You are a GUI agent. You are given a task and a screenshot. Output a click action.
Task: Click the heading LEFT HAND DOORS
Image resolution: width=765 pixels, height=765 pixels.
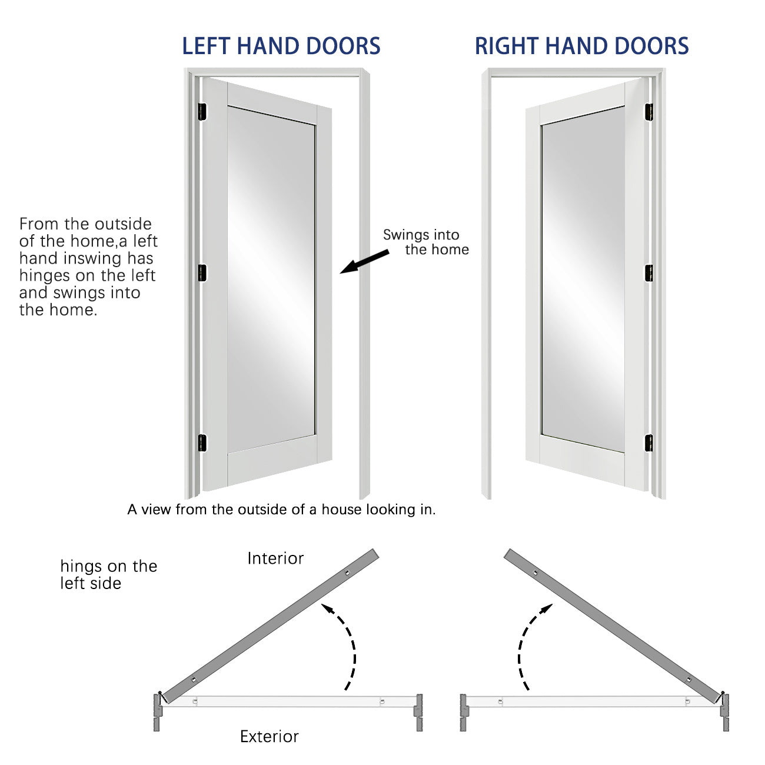tap(281, 46)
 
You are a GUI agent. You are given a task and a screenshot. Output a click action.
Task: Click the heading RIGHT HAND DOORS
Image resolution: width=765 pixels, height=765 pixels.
tap(581, 46)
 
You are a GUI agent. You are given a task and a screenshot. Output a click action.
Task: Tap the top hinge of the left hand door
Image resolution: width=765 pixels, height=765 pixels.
tap(202, 112)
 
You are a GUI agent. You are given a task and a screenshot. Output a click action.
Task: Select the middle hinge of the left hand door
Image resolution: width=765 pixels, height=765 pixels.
tap(202, 273)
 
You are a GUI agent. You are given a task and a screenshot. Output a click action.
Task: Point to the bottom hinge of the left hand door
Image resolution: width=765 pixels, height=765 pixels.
tap(202, 443)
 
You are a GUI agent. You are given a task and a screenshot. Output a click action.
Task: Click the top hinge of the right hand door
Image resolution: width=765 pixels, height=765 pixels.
tap(649, 112)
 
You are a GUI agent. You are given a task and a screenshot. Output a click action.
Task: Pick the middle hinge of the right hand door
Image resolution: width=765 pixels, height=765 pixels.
tap(649, 273)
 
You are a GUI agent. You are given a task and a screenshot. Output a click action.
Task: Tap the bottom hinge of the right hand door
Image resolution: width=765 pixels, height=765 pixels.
tap(649, 443)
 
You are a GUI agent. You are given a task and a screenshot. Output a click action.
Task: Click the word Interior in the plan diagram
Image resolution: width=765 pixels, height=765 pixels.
tap(275, 558)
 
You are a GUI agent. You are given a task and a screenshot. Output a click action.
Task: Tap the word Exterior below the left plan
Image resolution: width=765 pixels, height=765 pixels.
tap(270, 736)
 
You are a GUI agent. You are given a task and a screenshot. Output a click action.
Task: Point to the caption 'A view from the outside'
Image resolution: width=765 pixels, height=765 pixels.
tap(281, 510)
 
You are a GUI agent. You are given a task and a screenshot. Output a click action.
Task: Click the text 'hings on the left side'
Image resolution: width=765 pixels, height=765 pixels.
tap(108, 574)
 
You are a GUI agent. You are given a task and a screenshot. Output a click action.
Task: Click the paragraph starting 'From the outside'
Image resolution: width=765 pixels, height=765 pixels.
tap(88, 267)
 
